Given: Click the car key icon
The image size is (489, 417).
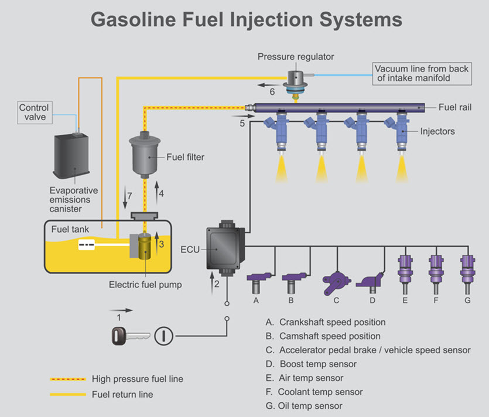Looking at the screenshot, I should pyautogui.click(x=129, y=336).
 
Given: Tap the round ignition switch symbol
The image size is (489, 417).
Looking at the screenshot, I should pyautogui.click(x=164, y=336).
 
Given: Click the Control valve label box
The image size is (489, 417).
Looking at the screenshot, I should pyautogui.click(x=34, y=112).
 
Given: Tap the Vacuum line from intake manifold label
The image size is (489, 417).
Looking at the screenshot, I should pyautogui.click(x=422, y=73).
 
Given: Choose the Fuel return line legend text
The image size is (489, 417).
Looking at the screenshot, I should pyautogui.click(x=122, y=394).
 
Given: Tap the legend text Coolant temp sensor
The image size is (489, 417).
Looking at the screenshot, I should pyautogui.click(x=320, y=392).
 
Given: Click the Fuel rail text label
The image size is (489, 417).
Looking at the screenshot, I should pyautogui.click(x=455, y=107).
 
